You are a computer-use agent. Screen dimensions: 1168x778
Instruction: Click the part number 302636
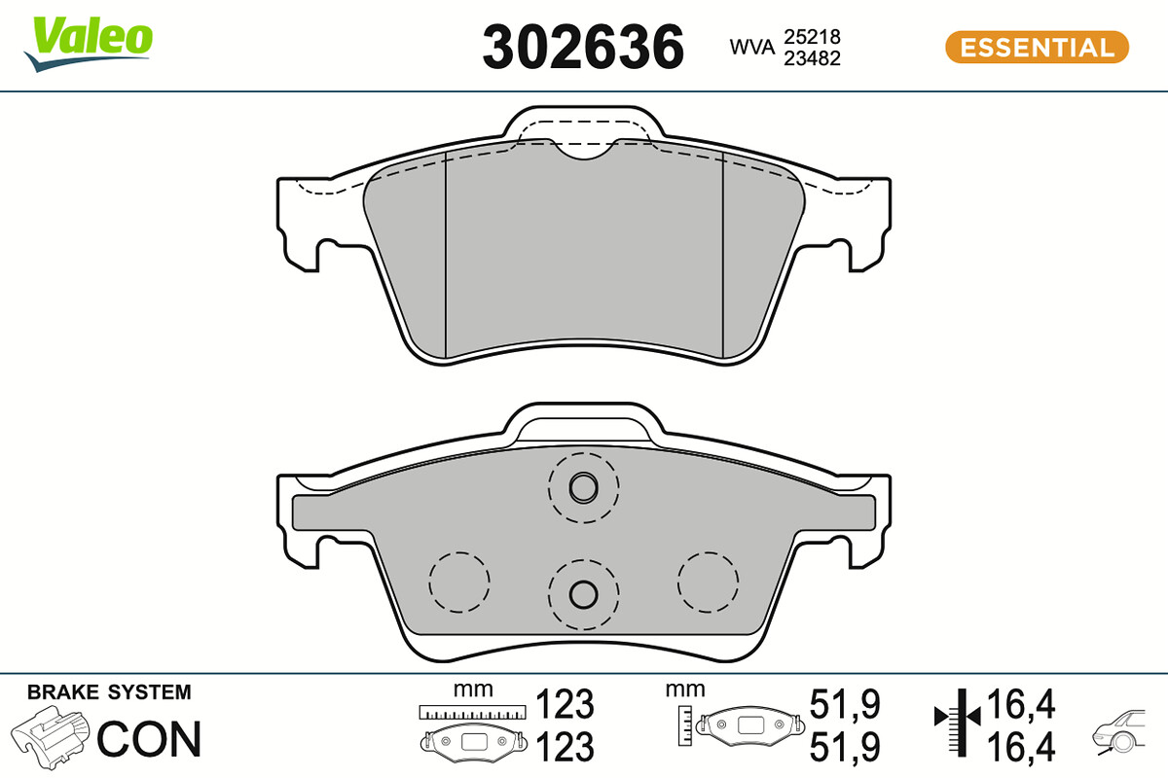583,47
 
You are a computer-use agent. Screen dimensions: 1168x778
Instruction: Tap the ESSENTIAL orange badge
1037,48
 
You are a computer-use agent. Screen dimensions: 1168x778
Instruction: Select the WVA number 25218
813,37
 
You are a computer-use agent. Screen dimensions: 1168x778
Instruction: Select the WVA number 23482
813,58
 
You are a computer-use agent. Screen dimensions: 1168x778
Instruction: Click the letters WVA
751,48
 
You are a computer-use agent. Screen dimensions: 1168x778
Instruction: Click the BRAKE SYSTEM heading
109,692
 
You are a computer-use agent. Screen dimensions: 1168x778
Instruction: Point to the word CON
149,739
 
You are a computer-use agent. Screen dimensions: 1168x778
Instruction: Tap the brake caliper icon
50,737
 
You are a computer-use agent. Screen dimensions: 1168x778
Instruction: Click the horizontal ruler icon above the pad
472,712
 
